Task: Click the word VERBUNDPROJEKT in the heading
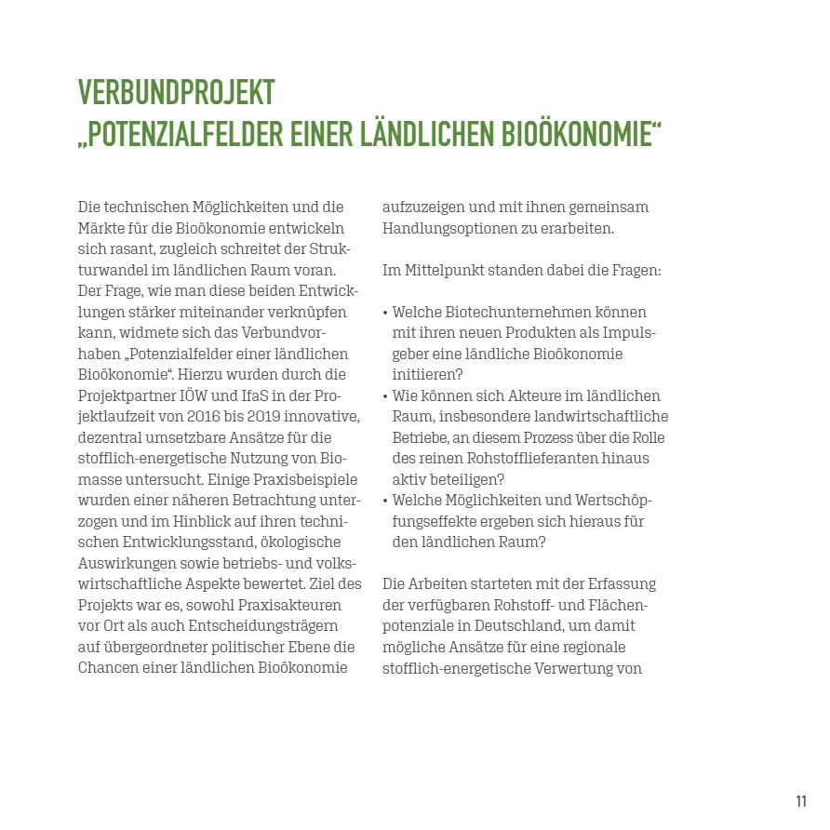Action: click(177, 93)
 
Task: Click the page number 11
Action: click(801, 801)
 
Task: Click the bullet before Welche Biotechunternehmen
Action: click(385, 313)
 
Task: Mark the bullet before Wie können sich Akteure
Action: click(385, 395)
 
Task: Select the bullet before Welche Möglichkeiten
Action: click(385, 500)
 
